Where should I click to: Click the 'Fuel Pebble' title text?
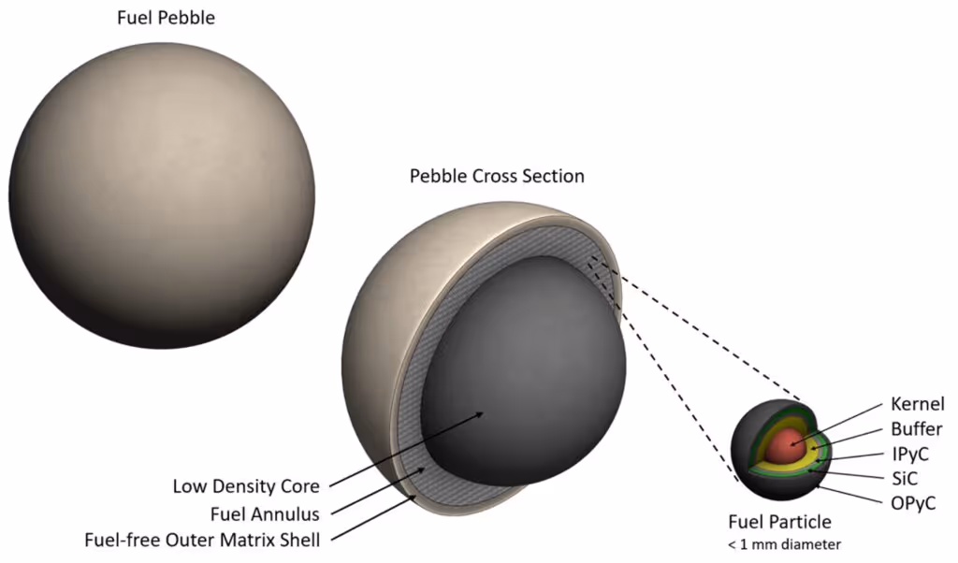tap(166, 18)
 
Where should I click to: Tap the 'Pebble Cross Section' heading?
tap(497, 176)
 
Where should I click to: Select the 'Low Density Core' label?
tap(246, 486)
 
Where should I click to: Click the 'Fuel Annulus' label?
tap(267, 512)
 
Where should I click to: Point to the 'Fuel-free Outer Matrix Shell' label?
tap(202, 540)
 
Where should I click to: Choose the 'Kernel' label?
tap(917, 404)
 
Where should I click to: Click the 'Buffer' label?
tap(916, 429)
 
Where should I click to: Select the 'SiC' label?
tap(906, 479)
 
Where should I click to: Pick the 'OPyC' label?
tap(913, 504)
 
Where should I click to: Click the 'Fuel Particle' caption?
tap(780, 522)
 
